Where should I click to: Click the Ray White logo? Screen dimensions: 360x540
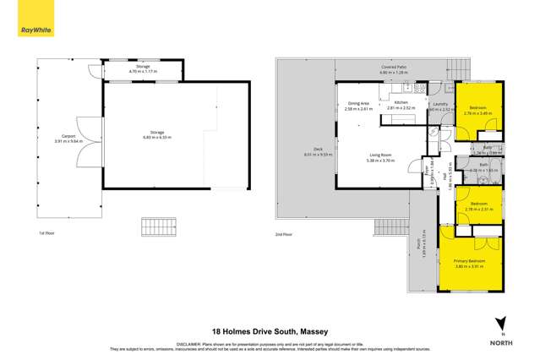point(36,30)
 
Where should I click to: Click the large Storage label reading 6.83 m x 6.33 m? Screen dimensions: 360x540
point(155,136)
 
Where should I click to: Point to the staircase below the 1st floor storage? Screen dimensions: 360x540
point(159,226)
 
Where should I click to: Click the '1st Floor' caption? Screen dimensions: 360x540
point(47,232)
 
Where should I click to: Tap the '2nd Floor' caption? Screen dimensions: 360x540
point(283,233)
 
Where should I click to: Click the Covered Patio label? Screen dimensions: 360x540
point(394,71)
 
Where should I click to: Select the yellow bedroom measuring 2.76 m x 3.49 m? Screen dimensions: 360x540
point(478,111)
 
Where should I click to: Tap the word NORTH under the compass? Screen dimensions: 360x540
point(501,342)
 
